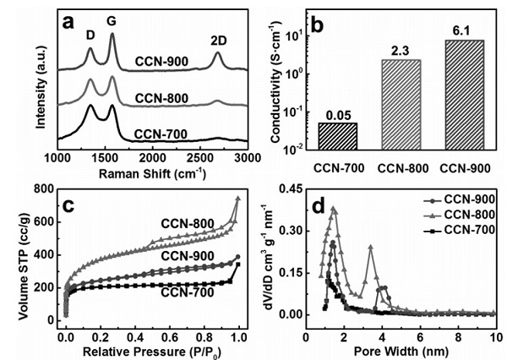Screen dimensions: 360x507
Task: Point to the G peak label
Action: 113,18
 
